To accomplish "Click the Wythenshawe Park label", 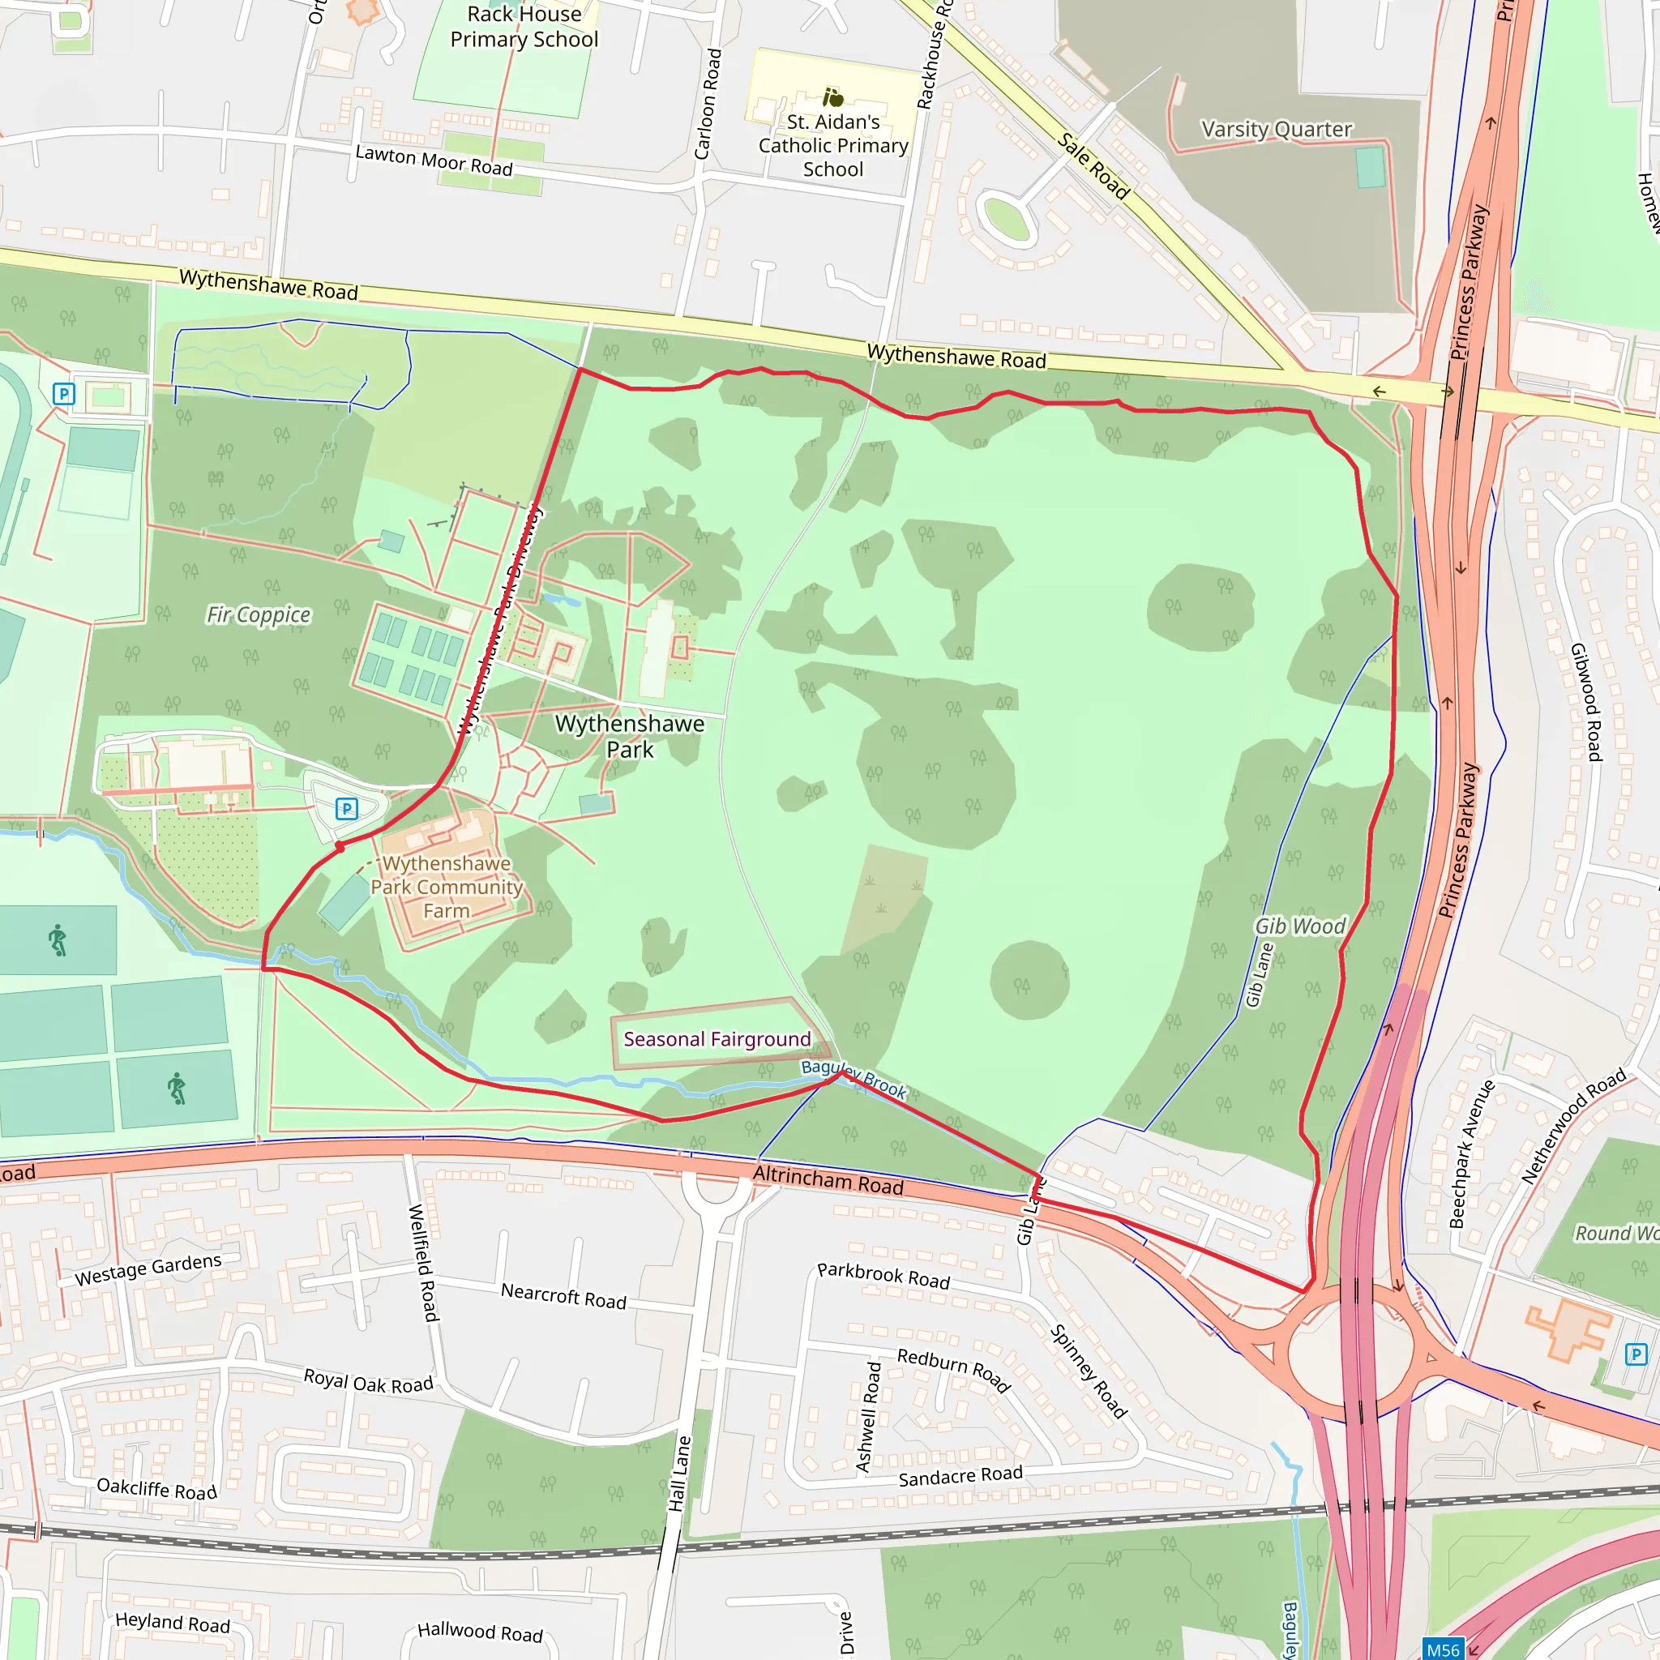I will pyautogui.click(x=630, y=736).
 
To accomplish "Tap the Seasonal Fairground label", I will pyautogui.click(x=717, y=1040).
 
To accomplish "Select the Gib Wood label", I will pyautogui.click(x=1300, y=926).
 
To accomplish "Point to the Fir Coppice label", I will pyautogui.click(x=259, y=614).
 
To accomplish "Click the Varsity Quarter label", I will pyautogui.click(x=1276, y=129).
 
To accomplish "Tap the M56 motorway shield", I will pyautogui.click(x=1443, y=1649).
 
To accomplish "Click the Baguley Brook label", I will pyautogui.click(x=854, y=1078).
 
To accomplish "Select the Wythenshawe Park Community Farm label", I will pyautogui.click(x=446, y=887).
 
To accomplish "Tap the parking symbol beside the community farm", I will pyautogui.click(x=346, y=808).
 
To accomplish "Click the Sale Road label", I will pyautogui.click(x=1093, y=166).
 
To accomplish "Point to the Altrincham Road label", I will pyautogui.click(x=828, y=1180).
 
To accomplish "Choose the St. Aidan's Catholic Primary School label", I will pyautogui.click(x=832, y=145).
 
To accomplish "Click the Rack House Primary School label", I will pyautogui.click(x=524, y=27).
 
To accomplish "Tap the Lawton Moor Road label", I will pyautogui.click(x=434, y=160).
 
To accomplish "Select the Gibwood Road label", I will pyautogui.click(x=1586, y=702).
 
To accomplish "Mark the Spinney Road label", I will pyautogui.click(x=1088, y=1371).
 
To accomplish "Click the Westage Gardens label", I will pyautogui.click(x=148, y=1269).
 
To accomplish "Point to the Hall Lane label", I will pyautogui.click(x=679, y=1474).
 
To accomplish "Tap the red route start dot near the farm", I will pyautogui.click(x=340, y=847).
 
